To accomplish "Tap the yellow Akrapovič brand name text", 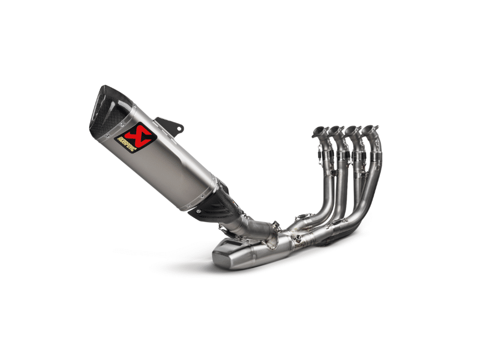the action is [x=127, y=145].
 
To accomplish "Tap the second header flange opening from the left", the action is [x=337, y=130].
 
